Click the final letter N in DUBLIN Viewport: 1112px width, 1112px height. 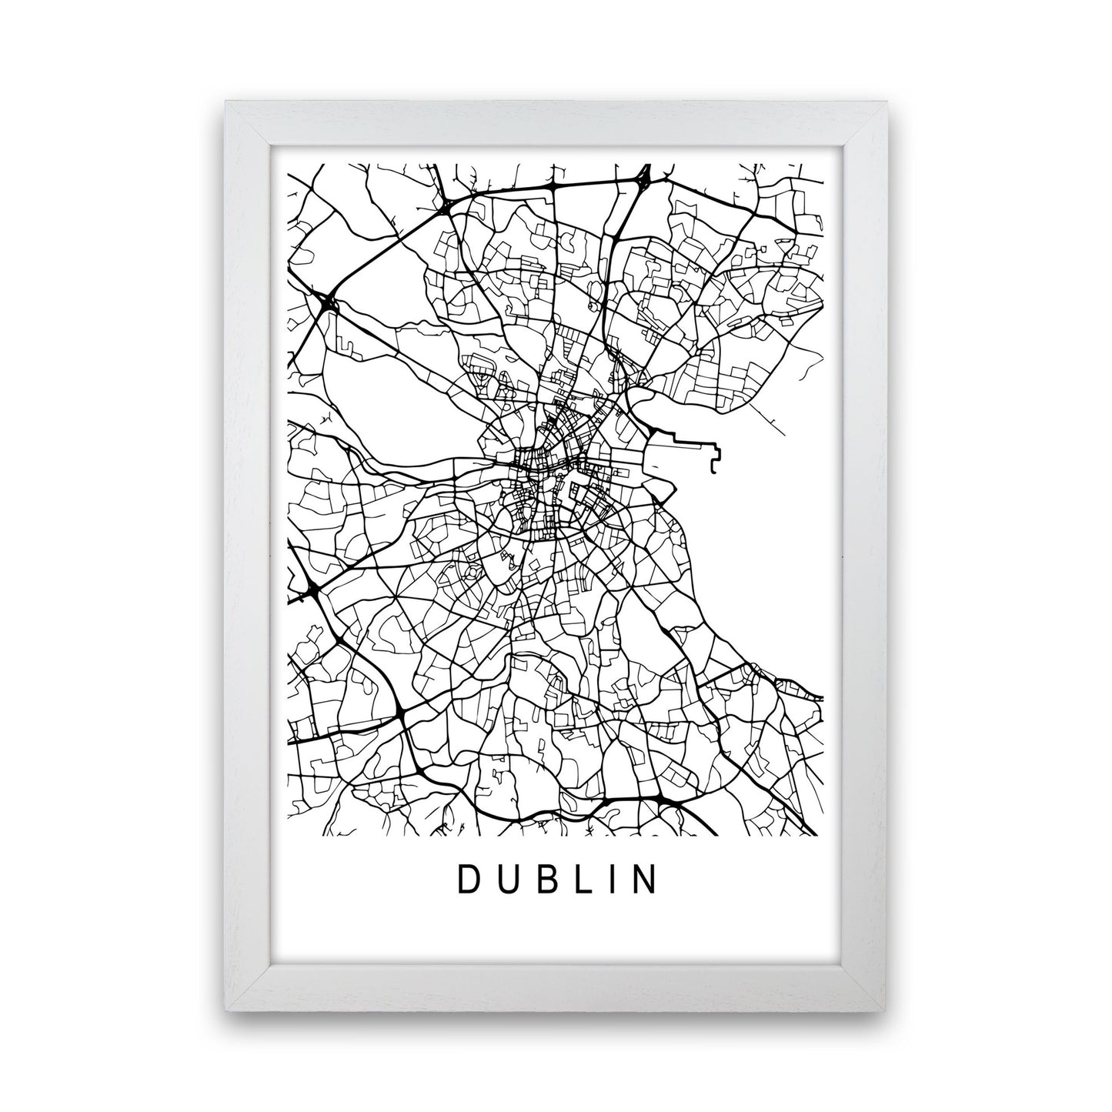(x=645, y=880)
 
